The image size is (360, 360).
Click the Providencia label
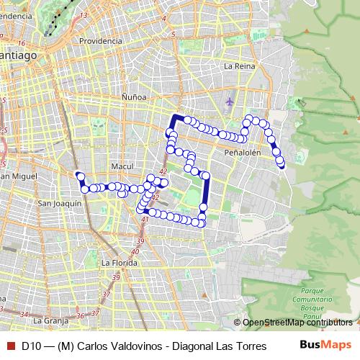pyautogui.click(x=100, y=41)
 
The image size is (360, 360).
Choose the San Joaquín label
pyautogui.click(x=58, y=204)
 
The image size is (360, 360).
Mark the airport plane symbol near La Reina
pyautogui.click(x=230, y=101)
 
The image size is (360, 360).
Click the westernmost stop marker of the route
pyautogui.click(x=80, y=175)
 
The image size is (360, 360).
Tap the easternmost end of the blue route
pyautogui.click(x=281, y=165)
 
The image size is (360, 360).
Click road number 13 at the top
pyautogui.click(x=85, y=14)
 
